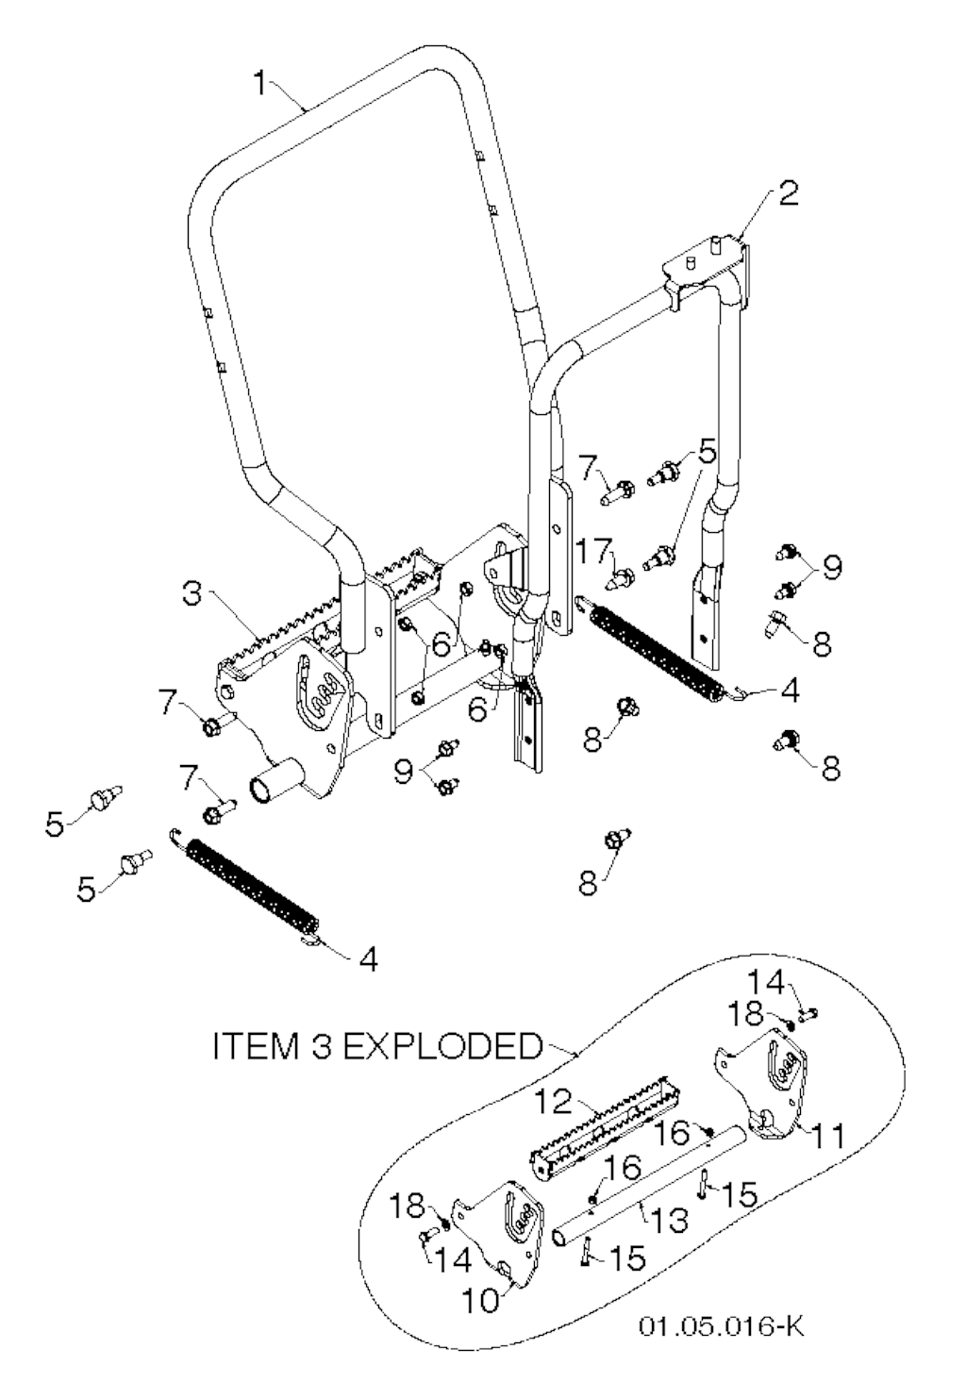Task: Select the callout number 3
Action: click(x=192, y=595)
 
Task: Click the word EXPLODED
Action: click(x=441, y=1046)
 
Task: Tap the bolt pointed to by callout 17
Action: click(x=622, y=576)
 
